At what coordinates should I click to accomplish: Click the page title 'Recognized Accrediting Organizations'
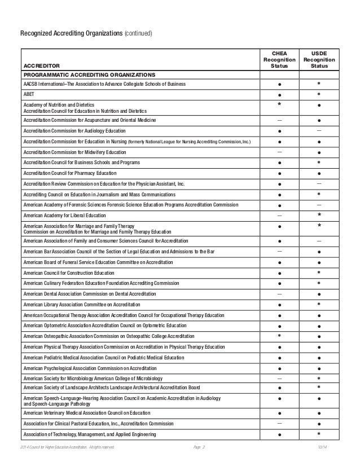(x=71, y=34)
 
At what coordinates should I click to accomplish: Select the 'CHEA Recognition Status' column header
(x=279, y=60)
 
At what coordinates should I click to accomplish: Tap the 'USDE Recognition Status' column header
(x=319, y=60)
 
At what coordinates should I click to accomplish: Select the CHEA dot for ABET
(x=280, y=95)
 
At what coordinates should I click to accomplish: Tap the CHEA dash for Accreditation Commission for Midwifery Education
(x=280, y=152)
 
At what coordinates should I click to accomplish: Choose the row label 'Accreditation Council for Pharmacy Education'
(x=70, y=173)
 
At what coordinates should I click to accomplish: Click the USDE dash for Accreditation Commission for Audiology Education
(x=319, y=130)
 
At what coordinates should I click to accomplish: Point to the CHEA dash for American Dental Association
(x=280, y=294)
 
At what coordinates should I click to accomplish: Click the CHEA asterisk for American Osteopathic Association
(x=280, y=336)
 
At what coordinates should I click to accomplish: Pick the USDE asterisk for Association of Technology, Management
(x=319, y=434)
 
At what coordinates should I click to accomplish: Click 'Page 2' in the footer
(x=199, y=447)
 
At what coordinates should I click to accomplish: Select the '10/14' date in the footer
(x=322, y=447)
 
